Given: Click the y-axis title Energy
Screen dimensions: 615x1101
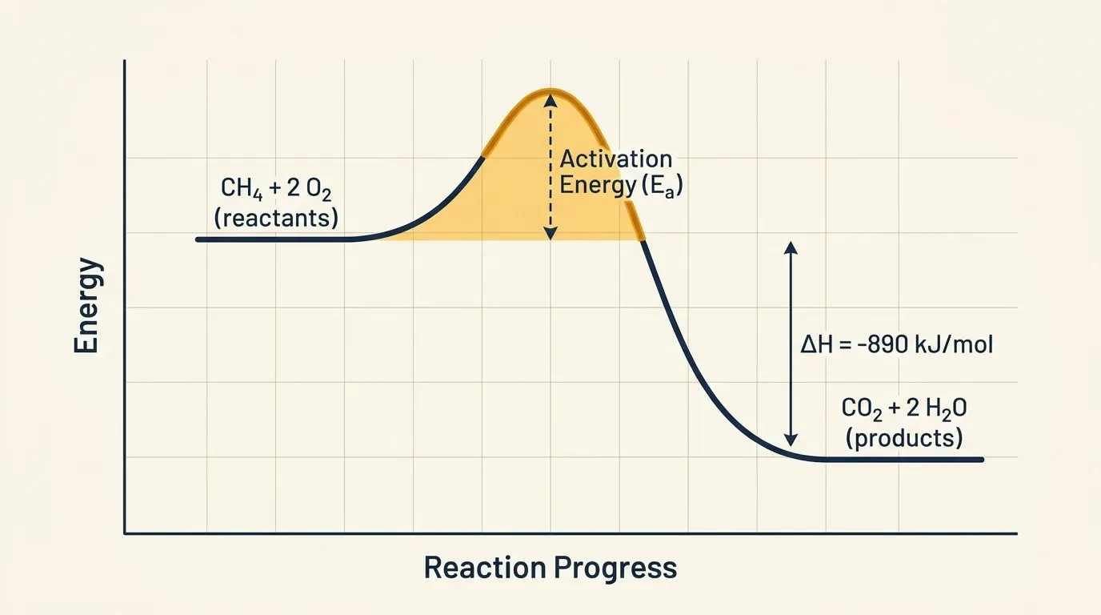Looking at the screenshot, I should coord(87,305).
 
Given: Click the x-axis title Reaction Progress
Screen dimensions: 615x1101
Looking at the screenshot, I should coord(550,568).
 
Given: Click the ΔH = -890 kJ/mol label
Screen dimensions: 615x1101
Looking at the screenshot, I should coord(897,345).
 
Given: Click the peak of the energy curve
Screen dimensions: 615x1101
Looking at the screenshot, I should coord(550,90).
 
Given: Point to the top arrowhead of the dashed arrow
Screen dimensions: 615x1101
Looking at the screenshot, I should coord(550,98).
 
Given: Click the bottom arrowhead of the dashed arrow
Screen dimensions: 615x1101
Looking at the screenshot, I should coord(550,234).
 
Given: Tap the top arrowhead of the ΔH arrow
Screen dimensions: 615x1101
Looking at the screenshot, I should coord(791,247).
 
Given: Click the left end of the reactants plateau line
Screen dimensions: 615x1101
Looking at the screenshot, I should coord(198,239).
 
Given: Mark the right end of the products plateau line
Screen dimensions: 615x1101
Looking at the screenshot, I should coord(981,460).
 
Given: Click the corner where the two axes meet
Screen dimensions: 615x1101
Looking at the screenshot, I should coord(125,533).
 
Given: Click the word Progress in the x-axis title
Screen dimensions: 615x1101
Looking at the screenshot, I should coord(615,568).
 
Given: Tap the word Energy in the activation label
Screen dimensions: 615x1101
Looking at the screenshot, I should coord(595,186).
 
